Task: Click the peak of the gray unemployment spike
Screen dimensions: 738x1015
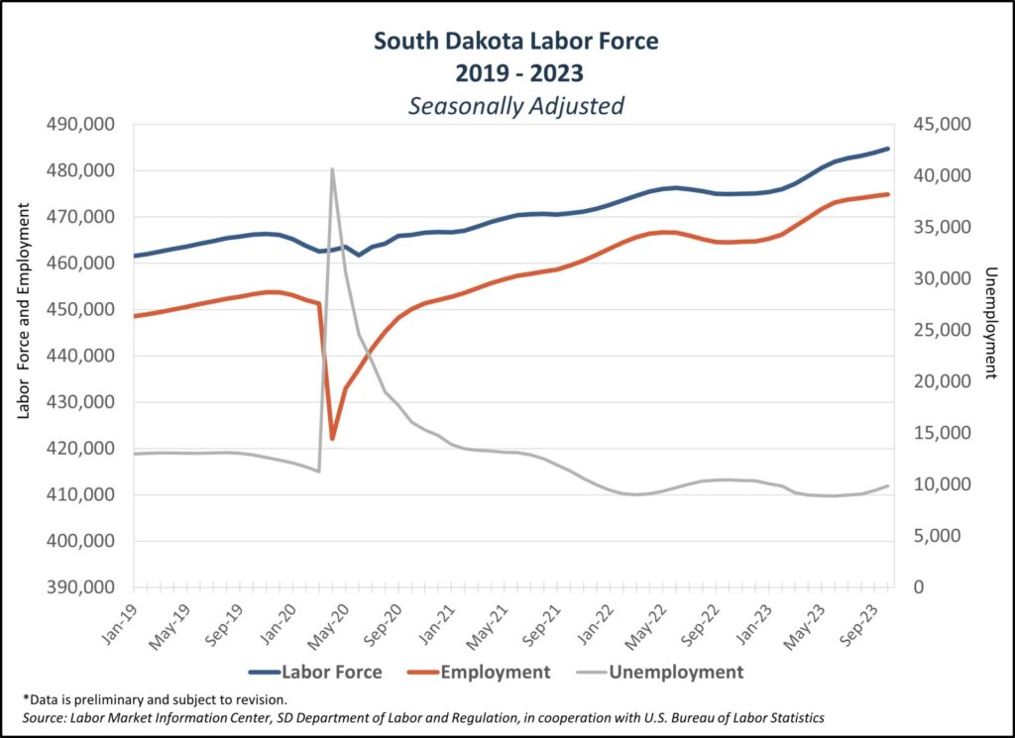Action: (333, 169)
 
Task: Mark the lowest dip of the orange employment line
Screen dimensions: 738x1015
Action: (333, 438)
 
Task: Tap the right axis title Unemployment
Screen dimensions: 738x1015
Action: (988, 323)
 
